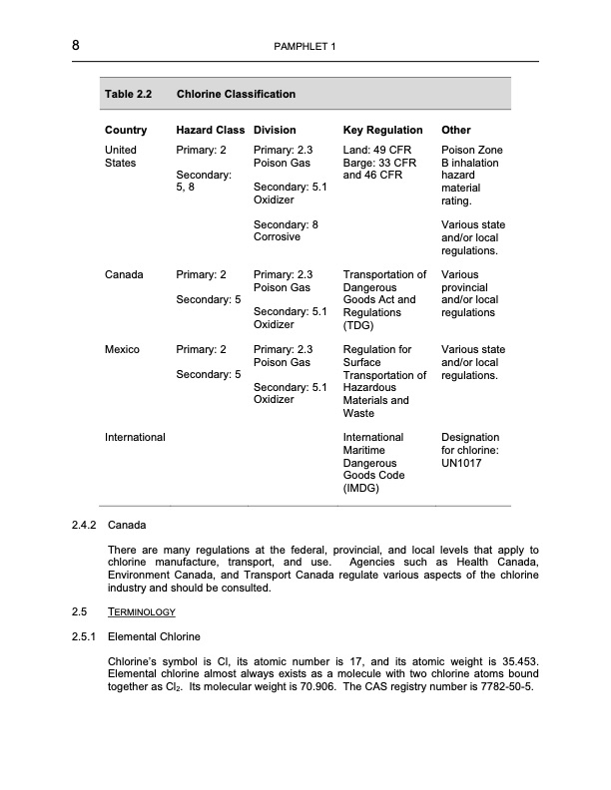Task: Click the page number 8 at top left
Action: tap(76, 46)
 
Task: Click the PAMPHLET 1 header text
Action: tap(305, 47)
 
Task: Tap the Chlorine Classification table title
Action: tap(236, 95)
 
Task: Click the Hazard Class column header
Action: tap(210, 131)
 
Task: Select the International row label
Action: tap(135, 438)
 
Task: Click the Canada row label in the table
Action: tap(124, 274)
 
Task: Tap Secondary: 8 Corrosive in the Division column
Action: tap(286, 231)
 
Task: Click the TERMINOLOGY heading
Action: tap(142, 611)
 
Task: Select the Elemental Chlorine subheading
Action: tap(154, 635)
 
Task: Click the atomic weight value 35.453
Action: tap(518, 661)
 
